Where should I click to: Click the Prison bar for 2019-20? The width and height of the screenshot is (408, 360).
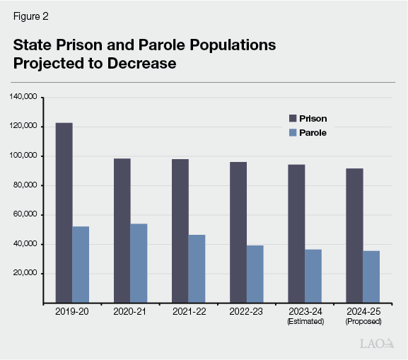coord(64,213)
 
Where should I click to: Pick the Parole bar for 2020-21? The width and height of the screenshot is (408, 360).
coord(139,263)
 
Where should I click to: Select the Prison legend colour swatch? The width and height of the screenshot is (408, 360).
coord(291,118)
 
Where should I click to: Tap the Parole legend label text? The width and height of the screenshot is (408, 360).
coord(313,132)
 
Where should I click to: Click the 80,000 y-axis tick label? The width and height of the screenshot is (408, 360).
coord(25,185)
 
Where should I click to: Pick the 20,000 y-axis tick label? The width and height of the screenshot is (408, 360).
coord(25,274)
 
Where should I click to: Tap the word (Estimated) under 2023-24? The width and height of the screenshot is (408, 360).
coord(305,321)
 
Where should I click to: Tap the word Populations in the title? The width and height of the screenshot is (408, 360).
coord(228,45)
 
